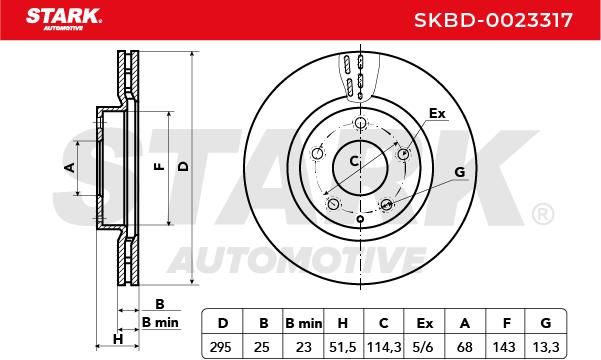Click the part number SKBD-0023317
[x=493, y=20]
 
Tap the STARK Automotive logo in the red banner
[x=64, y=19]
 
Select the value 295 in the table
[x=221, y=347]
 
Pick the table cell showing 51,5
[x=343, y=347]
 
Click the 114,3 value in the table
[x=384, y=347]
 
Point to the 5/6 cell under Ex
[x=424, y=347]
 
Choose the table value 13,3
[x=546, y=347]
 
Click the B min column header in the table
[x=304, y=324]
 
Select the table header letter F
[x=506, y=324]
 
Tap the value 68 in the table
[x=465, y=347]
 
